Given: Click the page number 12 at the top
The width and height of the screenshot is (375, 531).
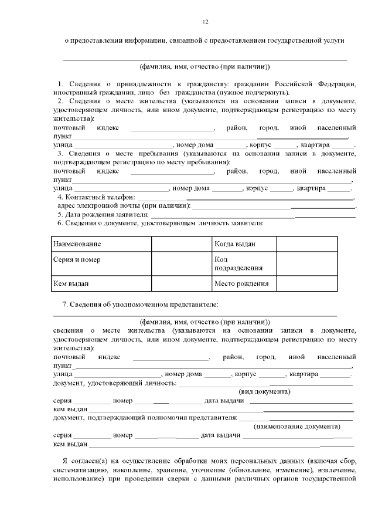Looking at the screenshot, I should (x=205, y=22).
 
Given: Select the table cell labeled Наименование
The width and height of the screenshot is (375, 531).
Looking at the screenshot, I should (x=77, y=243).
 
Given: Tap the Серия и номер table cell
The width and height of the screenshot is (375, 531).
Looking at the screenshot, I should (x=76, y=259).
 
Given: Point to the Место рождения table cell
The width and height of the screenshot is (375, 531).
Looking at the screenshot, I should (x=241, y=284).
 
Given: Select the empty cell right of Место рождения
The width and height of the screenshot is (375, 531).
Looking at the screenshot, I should (x=306, y=284).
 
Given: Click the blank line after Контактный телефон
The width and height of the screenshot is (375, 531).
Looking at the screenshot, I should (x=270, y=199).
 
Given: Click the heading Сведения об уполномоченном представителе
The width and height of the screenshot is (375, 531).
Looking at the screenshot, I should (x=140, y=304).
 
